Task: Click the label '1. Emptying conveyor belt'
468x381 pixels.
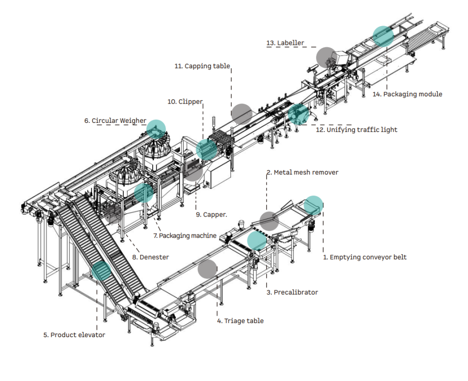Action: pos(365,257)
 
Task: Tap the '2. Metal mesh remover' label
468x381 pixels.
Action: pos(303,173)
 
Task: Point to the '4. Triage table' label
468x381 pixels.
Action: pos(240,321)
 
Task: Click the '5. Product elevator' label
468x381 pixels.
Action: pos(74,335)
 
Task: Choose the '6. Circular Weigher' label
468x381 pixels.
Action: pos(115,121)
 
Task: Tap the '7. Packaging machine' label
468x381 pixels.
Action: pos(185,236)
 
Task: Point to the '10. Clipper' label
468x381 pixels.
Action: pos(185,101)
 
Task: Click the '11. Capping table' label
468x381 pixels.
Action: pos(202,66)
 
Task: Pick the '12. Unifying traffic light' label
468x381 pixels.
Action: pos(356,130)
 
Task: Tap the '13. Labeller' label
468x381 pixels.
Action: pos(285,43)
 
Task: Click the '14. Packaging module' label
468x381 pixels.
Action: pos(407,94)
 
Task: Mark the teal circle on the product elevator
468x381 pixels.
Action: pos(101,271)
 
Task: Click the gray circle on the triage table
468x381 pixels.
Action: pos(207,269)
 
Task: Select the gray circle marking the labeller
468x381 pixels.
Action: pos(326,56)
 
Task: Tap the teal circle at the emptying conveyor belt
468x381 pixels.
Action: pos(314,205)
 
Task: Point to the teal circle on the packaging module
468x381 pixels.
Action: pos(383,36)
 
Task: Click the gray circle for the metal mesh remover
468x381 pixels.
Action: pos(269,221)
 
